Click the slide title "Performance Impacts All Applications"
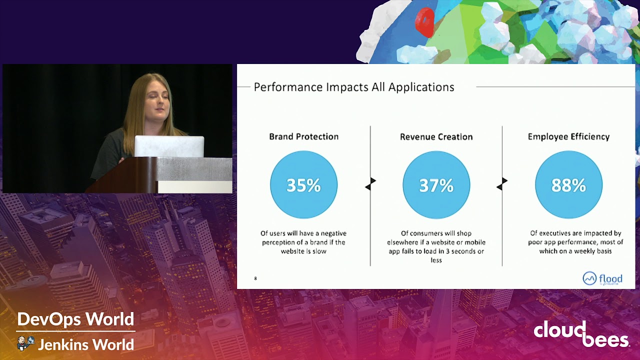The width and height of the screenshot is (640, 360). pos(354,87)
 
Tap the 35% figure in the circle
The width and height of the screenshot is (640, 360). pos(303,185)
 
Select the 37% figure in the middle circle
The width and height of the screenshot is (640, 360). pos(436,185)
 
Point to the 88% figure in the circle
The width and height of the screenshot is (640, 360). pos(568,185)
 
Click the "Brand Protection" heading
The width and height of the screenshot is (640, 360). pos(303,136)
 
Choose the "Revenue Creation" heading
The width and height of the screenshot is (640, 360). pos(436,136)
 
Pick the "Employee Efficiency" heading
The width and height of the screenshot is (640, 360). pos(568,136)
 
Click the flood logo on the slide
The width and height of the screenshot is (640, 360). pos(602,278)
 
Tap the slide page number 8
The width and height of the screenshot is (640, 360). pos(255,278)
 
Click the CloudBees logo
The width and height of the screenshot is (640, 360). pos(581,333)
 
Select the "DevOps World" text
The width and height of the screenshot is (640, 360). pos(75,319)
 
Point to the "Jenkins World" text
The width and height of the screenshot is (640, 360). pos(85,344)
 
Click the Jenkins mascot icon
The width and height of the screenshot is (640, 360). pos(25,343)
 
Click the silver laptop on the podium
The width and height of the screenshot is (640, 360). pos(169,146)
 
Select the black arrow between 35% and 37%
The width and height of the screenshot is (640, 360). pos(370,183)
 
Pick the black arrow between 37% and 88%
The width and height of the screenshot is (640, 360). pos(502,183)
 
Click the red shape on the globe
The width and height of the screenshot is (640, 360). pos(425,21)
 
